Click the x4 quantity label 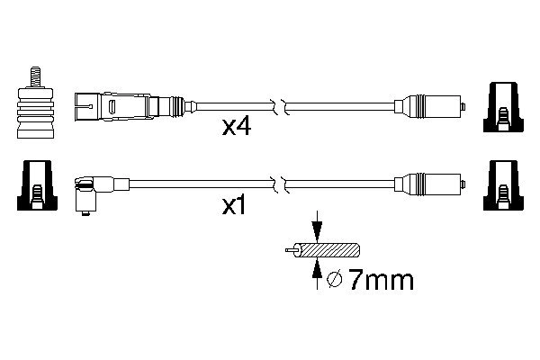point(236,128)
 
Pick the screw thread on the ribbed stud point(36,74)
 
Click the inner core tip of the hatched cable point(286,247)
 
